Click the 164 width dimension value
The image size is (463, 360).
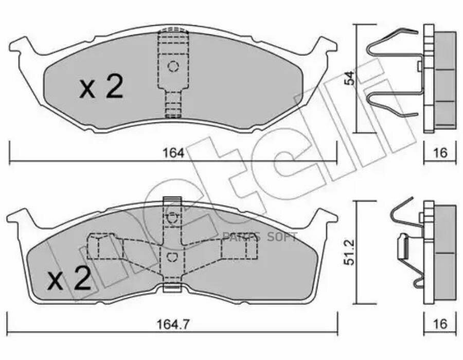174,153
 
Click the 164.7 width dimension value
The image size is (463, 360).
173,325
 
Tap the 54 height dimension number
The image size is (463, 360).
350,78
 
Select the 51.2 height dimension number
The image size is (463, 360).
350,253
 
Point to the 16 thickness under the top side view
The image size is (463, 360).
440,153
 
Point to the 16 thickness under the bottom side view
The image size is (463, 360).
440,324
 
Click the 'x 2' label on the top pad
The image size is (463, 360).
101,86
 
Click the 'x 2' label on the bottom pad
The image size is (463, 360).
69,278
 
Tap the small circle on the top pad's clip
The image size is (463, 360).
173,66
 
